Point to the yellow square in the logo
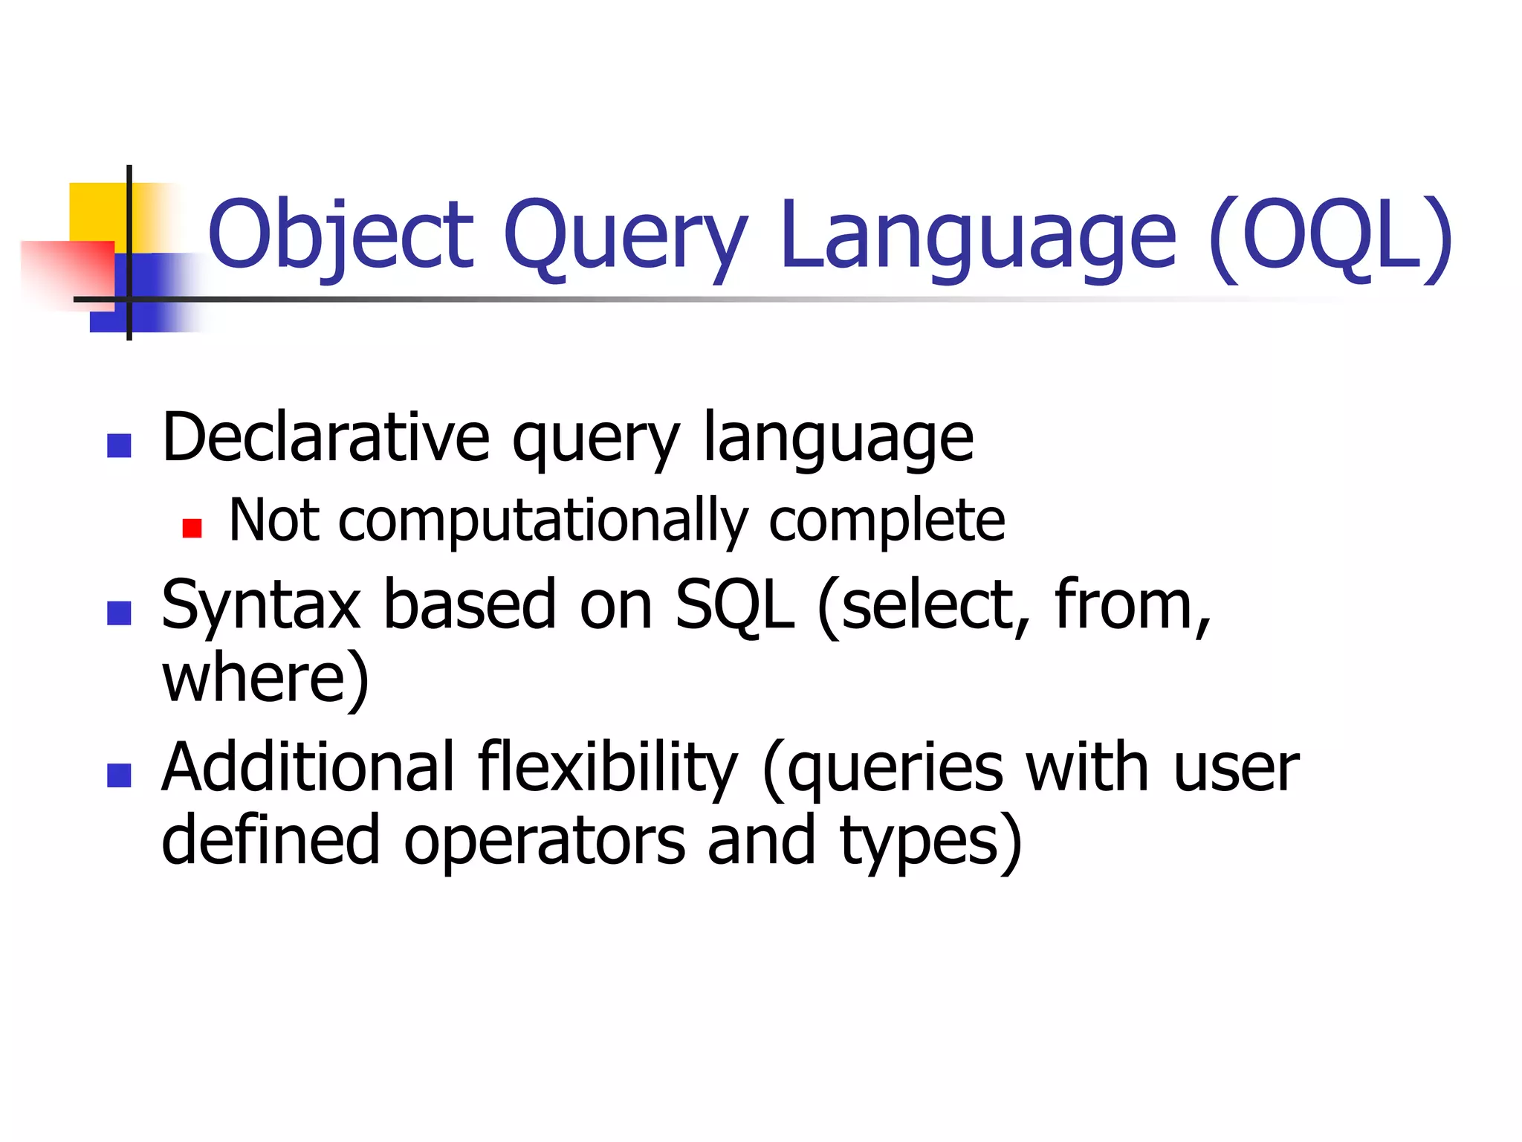click(x=97, y=211)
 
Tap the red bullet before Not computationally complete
click(x=192, y=528)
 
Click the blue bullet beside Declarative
click(x=119, y=445)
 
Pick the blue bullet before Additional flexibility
click(x=119, y=775)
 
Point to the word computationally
click(x=543, y=520)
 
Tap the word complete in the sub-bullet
click(x=886, y=520)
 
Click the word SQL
click(x=734, y=605)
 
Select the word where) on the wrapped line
click(x=265, y=678)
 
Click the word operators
click(x=544, y=840)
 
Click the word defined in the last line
click(x=271, y=840)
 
